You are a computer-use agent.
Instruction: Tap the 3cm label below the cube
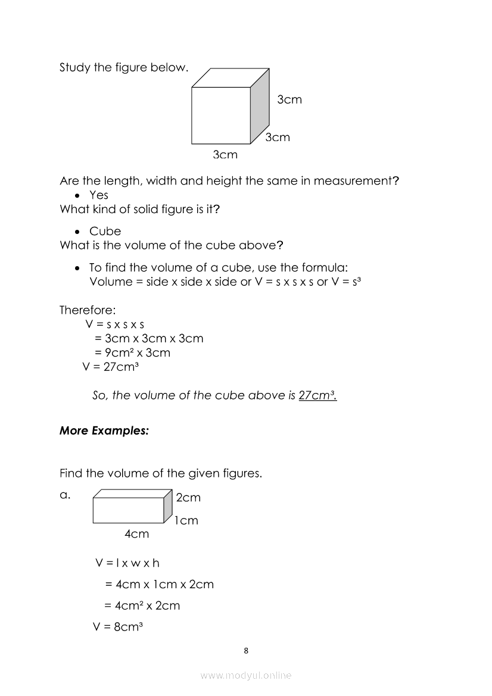click(225, 155)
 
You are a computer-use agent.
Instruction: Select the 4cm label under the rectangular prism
click(136, 534)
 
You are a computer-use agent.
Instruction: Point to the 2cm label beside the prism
click(188, 497)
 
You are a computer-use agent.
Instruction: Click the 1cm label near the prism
click(186, 520)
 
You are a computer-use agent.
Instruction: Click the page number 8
click(246, 650)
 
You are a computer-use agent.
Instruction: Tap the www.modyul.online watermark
click(246, 675)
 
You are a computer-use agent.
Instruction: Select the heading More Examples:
click(104, 431)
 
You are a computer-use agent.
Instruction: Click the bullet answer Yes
click(99, 195)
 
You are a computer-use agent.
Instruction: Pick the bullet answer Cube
click(105, 231)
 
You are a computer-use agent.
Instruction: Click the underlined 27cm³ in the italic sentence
click(317, 395)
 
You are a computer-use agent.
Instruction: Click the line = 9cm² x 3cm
click(137, 352)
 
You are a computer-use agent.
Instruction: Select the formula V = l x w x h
click(127, 563)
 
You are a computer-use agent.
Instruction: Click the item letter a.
click(65, 494)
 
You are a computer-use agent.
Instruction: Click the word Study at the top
click(73, 67)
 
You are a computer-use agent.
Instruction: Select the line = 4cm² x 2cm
click(142, 606)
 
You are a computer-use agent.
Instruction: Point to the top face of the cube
click(230, 78)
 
